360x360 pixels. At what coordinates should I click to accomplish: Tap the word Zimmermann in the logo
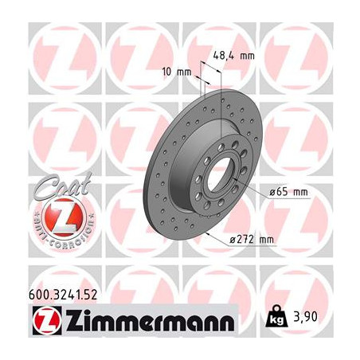tap(140, 323)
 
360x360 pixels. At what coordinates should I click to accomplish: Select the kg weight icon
tap(276, 321)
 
